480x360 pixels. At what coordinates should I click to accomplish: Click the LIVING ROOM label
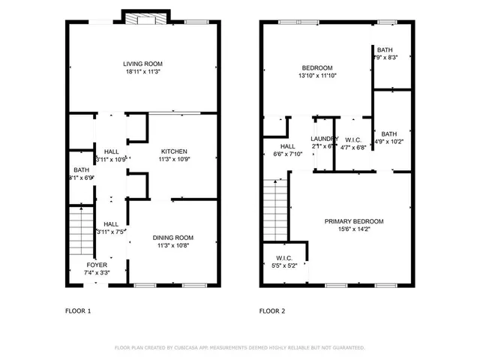click(x=142, y=64)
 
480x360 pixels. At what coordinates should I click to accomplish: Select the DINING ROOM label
click(x=174, y=238)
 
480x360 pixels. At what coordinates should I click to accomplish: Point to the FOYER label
click(x=97, y=265)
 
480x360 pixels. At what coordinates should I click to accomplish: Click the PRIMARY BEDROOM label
click(x=353, y=221)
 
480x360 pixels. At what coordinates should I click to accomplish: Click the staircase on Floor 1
click(x=79, y=232)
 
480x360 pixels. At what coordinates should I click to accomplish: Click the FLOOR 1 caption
click(x=78, y=310)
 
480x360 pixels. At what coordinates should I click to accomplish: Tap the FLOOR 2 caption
click(x=272, y=310)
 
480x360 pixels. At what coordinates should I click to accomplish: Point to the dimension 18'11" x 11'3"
click(x=142, y=73)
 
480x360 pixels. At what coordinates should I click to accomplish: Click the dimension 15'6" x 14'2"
click(x=353, y=230)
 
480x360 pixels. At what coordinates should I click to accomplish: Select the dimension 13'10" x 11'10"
click(x=317, y=75)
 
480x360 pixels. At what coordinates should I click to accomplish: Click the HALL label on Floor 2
click(x=288, y=146)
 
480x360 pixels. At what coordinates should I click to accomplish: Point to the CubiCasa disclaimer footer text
click(x=239, y=348)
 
